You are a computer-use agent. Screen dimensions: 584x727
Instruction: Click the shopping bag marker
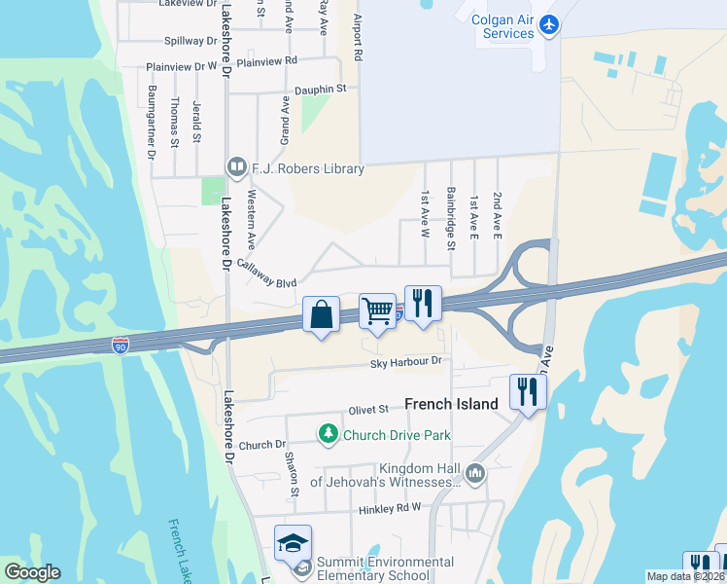click(321, 315)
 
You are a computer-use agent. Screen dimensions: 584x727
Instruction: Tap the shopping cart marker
click(377, 312)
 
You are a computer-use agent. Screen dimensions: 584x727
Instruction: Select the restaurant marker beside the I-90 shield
click(423, 304)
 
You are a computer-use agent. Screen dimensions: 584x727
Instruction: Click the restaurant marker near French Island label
click(528, 392)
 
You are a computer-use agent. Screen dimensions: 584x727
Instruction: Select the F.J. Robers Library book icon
click(235, 168)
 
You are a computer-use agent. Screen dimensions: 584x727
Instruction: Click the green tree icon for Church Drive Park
click(329, 434)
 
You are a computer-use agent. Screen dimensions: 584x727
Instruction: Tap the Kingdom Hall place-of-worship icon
click(475, 474)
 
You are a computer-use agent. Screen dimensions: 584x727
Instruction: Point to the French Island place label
click(451, 404)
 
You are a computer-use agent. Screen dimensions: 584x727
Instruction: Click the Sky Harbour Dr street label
click(405, 362)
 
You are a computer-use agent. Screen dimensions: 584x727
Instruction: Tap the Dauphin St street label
click(321, 89)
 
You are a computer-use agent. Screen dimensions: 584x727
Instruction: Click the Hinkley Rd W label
click(389, 507)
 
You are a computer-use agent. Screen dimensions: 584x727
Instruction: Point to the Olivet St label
click(369, 410)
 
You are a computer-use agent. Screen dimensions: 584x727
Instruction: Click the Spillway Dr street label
click(191, 41)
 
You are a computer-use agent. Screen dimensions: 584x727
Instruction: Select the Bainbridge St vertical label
click(451, 218)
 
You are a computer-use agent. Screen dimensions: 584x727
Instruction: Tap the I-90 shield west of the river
click(119, 346)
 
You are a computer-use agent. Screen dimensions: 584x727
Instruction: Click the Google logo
click(32, 572)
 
